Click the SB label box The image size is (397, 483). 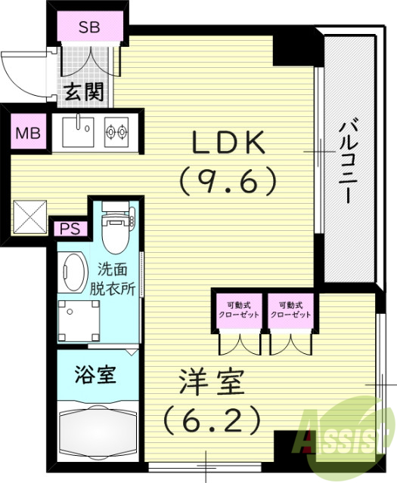[89, 28]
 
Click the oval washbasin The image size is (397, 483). [73, 272]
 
